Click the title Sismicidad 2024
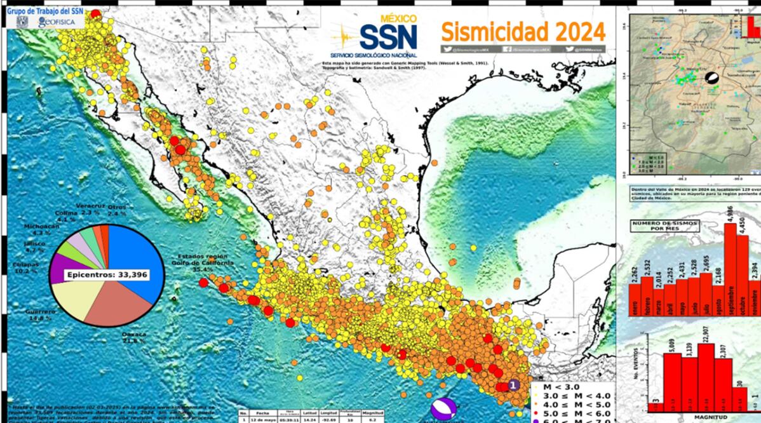(x=523, y=30)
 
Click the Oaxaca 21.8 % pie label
(x=134, y=337)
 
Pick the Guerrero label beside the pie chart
(x=41, y=312)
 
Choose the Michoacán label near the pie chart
(x=41, y=227)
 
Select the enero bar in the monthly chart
(x=635, y=299)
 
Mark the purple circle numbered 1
(x=513, y=385)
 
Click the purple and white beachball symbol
(x=443, y=408)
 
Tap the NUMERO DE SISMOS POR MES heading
(x=664, y=227)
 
